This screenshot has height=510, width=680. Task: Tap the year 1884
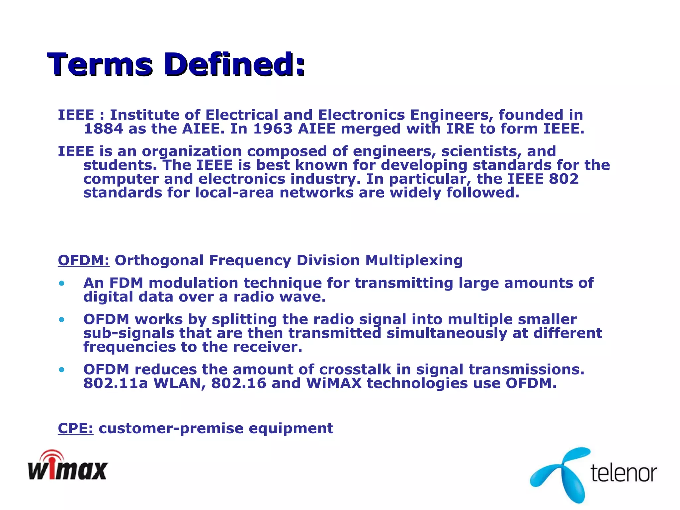tap(103, 129)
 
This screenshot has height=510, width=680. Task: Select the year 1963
tap(273, 129)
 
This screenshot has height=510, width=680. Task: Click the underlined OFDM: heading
tap(84, 260)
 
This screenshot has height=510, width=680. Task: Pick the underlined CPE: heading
tap(76, 428)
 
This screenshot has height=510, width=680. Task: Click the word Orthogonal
tap(159, 260)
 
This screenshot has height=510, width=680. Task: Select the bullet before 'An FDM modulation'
tap(61, 284)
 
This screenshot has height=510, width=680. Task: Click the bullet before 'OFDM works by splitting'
tap(61, 320)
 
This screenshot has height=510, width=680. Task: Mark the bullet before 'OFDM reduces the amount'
tap(61, 370)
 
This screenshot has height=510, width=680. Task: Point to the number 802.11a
tap(115, 383)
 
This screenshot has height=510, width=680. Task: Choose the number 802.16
tap(239, 383)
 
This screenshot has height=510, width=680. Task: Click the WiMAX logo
tap(68, 466)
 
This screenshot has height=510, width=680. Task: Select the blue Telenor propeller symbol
tap(561, 475)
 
